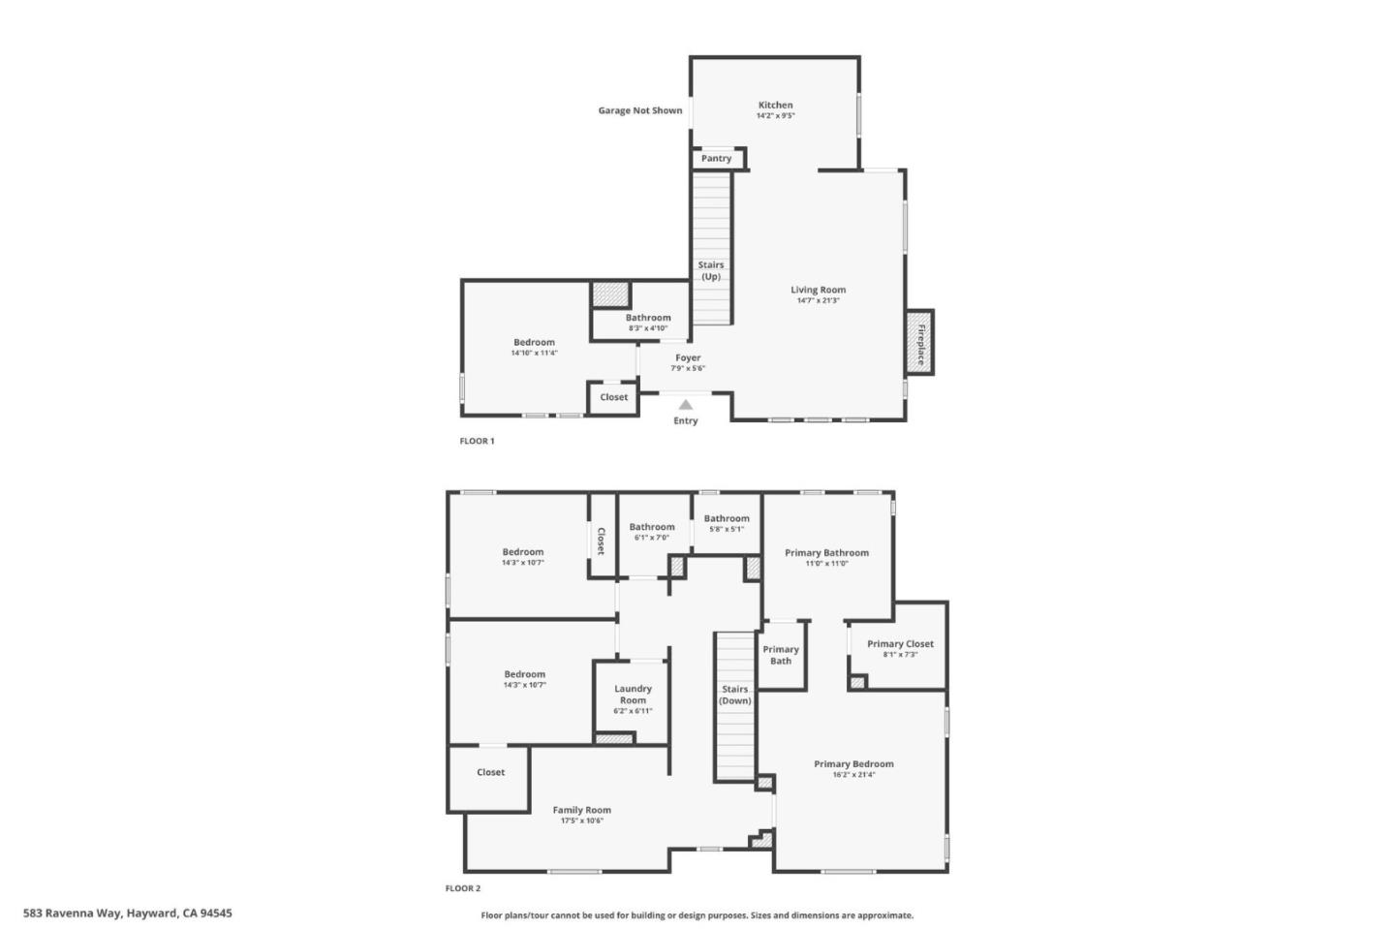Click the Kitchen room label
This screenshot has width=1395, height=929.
(x=775, y=105)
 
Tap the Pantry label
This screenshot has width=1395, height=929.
(x=717, y=159)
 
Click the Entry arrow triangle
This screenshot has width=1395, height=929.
(x=686, y=405)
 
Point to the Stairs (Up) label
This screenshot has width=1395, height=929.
(x=711, y=270)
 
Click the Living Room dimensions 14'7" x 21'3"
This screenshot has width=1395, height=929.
(x=818, y=300)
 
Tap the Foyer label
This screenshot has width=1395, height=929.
(x=688, y=357)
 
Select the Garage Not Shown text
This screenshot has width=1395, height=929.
(x=639, y=110)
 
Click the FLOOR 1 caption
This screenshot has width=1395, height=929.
(x=477, y=441)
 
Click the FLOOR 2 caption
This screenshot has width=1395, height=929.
(x=462, y=888)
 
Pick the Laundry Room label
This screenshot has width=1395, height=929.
(x=633, y=695)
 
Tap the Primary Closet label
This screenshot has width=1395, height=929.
(x=900, y=643)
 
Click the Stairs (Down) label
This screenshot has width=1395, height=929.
(x=735, y=695)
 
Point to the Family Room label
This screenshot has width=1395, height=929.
(x=581, y=810)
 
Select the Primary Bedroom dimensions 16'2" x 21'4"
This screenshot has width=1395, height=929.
(x=853, y=775)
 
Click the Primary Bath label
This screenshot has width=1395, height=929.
(x=781, y=655)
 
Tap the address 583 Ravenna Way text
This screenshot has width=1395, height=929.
(x=127, y=913)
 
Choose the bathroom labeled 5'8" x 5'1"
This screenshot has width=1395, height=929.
(x=727, y=523)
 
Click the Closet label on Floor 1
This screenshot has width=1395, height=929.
(x=613, y=397)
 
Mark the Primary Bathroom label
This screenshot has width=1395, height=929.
(x=826, y=552)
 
